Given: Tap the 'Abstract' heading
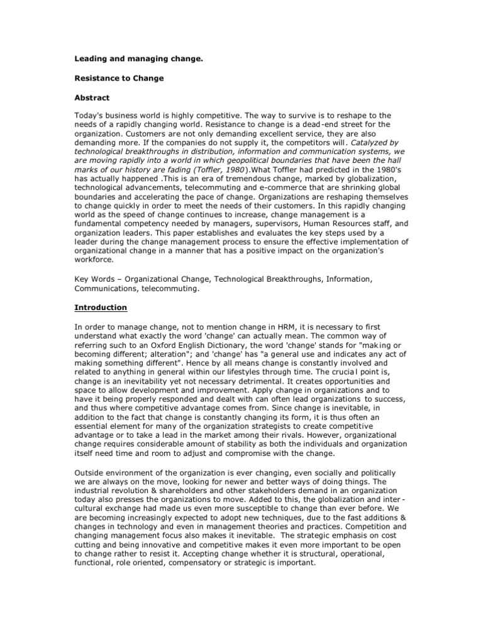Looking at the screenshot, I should click(92, 98).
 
